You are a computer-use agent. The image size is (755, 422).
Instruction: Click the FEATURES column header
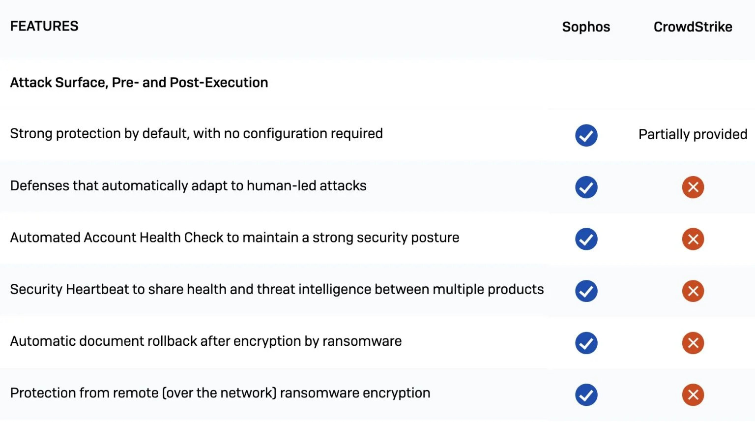(x=44, y=26)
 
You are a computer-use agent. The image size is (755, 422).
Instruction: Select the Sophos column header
(x=586, y=27)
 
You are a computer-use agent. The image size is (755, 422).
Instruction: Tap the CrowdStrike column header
(x=693, y=27)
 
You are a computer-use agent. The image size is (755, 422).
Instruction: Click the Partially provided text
(x=693, y=134)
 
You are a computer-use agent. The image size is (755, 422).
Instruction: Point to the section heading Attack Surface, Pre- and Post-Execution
(x=139, y=83)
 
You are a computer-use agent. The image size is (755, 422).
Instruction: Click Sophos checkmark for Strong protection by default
(x=586, y=135)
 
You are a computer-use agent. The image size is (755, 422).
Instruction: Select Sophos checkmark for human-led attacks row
(x=586, y=187)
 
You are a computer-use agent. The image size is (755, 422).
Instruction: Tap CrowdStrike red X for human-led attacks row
(x=693, y=187)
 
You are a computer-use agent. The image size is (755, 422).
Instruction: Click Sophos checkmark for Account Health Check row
(x=586, y=239)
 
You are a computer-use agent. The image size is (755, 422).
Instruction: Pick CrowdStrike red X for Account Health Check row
(x=693, y=239)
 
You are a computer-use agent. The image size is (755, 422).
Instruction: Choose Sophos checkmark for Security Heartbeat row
(x=586, y=291)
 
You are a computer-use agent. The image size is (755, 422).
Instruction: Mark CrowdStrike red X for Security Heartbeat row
(x=693, y=291)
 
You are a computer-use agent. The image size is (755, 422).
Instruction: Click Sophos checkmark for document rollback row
(x=586, y=343)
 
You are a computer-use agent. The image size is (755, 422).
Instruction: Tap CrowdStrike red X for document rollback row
(x=693, y=343)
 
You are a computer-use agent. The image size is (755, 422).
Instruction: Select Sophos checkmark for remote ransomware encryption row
(x=586, y=395)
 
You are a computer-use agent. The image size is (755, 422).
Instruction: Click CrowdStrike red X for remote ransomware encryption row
(x=693, y=395)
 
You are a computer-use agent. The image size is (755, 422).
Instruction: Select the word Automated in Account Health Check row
(x=45, y=238)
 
